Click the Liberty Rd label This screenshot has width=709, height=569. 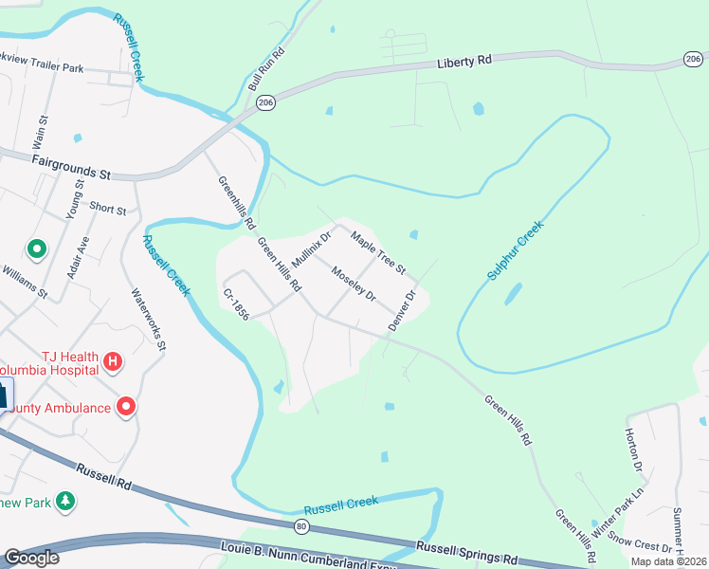point(464,62)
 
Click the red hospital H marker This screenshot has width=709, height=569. point(113,361)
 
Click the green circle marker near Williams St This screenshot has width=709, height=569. point(37,249)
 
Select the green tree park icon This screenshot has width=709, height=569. point(65,500)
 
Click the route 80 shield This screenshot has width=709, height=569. point(301,526)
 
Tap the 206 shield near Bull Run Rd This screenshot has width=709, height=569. point(265,103)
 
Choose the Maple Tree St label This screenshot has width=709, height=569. point(378,249)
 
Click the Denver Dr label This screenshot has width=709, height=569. point(402,310)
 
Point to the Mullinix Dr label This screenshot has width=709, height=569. point(311,248)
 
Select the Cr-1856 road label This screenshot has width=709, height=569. point(236,303)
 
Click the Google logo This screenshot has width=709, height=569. point(31,558)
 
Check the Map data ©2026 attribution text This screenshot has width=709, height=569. point(668,561)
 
